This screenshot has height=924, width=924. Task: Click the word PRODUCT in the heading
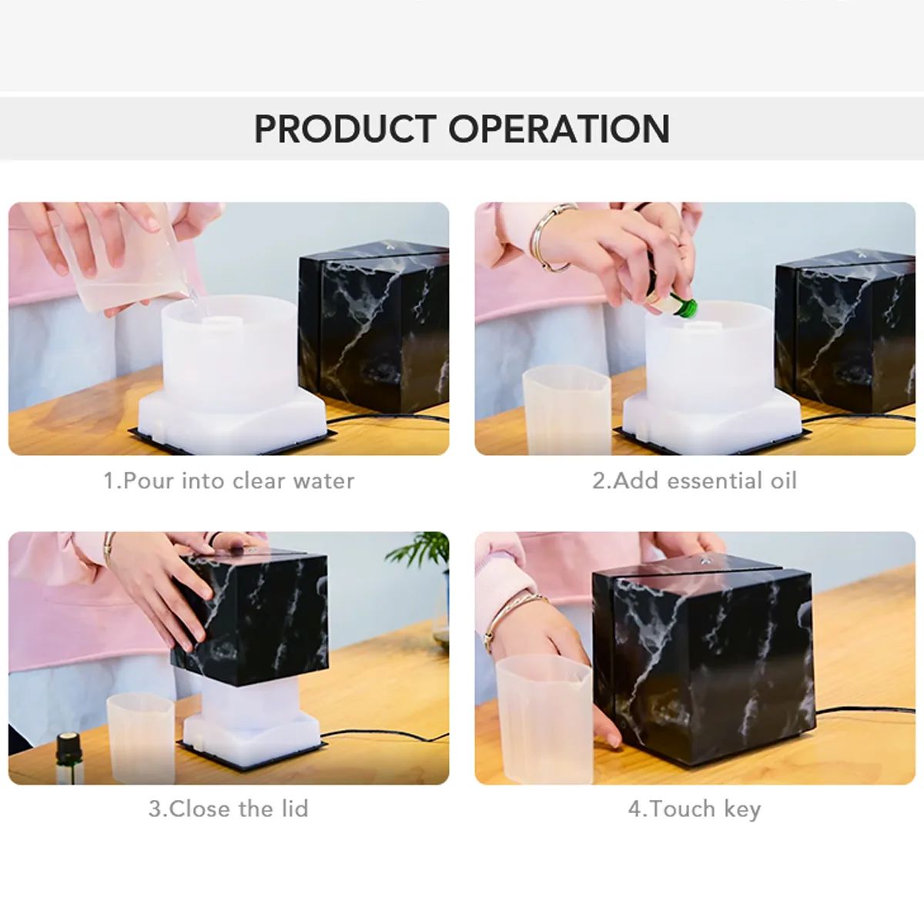pyautogui.click(x=345, y=129)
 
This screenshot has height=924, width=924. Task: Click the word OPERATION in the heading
pyautogui.click(x=559, y=129)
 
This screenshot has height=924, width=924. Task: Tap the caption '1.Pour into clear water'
pyautogui.click(x=229, y=481)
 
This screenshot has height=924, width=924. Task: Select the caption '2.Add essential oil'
pyautogui.click(x=695, y=481)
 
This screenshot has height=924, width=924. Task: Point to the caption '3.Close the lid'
pyautogui.click(x=229, y=809)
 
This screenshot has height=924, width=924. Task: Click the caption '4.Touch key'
pyautogui.click(x=695, y=809)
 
